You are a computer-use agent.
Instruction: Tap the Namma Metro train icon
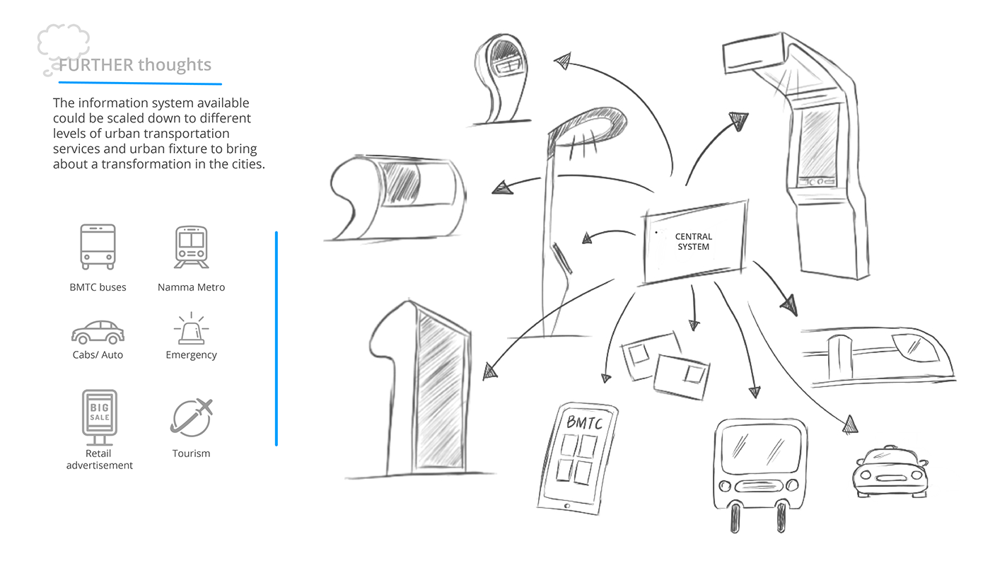point(191,247)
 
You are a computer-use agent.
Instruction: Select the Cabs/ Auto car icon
point(98,332)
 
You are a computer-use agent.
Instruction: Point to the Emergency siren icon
point(191,330)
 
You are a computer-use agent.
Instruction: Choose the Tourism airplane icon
point(191,417)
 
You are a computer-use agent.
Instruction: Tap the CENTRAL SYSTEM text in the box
point(693,241)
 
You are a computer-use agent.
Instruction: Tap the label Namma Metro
point(191,287)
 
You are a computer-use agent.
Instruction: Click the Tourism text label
point(191,454)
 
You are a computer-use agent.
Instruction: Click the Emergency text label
point(191,355)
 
